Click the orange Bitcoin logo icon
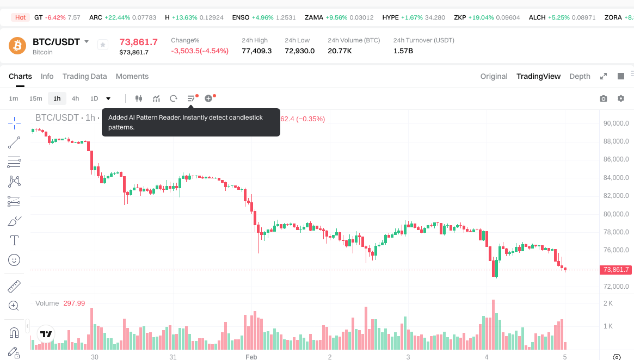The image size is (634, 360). click(x=17, y=46)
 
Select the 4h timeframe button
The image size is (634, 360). click(x=75, y=98)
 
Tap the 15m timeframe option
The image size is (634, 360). click(x=35, y=98)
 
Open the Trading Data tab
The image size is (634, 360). click(x=84, y=76)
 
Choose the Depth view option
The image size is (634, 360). click(x=580, y=76)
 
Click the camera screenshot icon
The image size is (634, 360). click(x=604, y=98)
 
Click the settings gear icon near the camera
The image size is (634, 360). click(x=621, y=98)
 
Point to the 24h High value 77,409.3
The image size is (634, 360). click(x=256, y=51)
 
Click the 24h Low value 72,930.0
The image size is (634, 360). click(x=299, y=51)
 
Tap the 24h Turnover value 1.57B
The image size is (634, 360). click(x=403, y=51)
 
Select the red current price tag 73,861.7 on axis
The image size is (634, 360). click(x=615, y=270)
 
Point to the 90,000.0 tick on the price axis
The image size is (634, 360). click(x=616, y=123)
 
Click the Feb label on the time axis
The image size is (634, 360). click(x=251, y=357)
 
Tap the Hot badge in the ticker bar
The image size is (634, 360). click(x=20, y=17)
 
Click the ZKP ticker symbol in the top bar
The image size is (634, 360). click(x=460, y=17)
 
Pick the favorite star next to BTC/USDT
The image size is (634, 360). click(x=103, y=45)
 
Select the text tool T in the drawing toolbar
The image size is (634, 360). click(x=14, y=240)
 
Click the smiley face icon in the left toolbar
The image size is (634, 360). click(x=14, y=260)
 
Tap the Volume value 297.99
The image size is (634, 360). click(x=74, y=303)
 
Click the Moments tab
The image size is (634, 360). click(x=132, y=76)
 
